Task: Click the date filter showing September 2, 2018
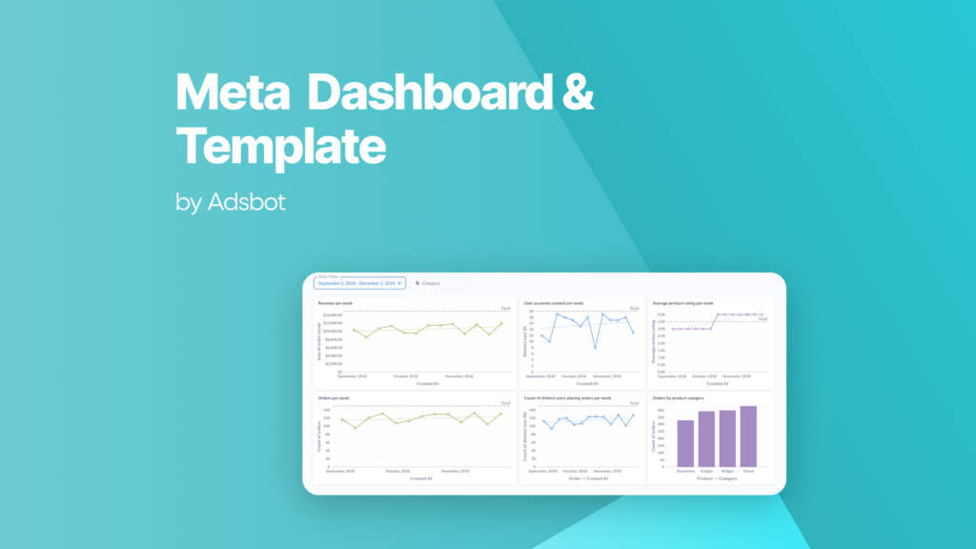359,283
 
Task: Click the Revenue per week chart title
336,303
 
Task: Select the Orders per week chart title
335,396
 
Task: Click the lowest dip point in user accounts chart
596,347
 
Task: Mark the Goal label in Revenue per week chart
506,309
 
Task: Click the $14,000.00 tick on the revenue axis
333,315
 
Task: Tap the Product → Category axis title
717,478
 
